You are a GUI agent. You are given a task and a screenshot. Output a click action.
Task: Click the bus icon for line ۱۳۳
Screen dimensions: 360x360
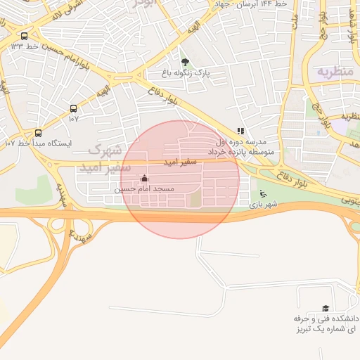pyautogui.click(x=25, y=37)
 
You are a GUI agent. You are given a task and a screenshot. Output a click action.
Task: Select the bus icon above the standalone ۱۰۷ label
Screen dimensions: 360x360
pyautogui.click(x=73, y=108)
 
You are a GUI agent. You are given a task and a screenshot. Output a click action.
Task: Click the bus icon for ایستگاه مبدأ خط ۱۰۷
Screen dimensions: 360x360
pyautogui.click(x=38, y=132)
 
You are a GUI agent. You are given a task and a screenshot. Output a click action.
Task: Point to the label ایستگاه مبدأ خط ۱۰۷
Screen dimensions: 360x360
pyautogui.click(x=39, y=143)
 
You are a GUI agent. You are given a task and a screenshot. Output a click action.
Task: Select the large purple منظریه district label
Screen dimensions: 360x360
pyautogui.click(x=333, y=71)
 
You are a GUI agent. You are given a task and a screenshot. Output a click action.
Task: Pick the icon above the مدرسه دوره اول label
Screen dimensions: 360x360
pyautogui.click(x=241, y=131)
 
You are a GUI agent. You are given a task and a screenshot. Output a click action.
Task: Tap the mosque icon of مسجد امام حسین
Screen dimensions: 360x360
pyautogui.click(x=145, y=179)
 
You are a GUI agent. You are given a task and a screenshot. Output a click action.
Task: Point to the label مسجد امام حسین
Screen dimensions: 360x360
pyautogui.click(x=143, y=189)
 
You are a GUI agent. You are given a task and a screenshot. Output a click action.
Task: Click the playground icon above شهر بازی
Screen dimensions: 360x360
pyautogui.click(x=263, y=194)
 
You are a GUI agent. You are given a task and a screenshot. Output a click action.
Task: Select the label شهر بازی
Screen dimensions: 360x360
pyautogui.click(x=267, y=205)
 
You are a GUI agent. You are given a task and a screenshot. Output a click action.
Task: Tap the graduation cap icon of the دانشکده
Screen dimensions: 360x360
pyautogui.click(x=325, y=309)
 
